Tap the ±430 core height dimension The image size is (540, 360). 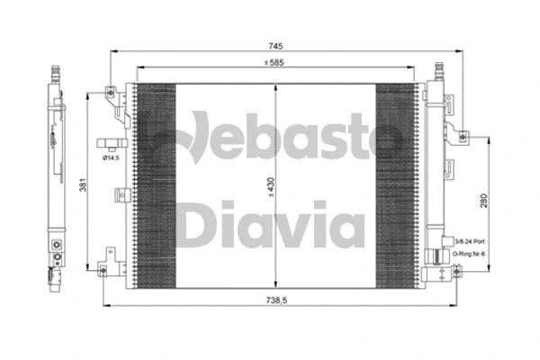(270, 188)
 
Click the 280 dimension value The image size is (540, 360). (486, 202)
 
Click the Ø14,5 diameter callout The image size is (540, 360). (112, 158)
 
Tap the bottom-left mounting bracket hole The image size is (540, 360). (104, 268)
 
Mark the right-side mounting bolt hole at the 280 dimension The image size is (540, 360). (462, 137)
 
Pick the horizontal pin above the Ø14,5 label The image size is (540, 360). (111, 142)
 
